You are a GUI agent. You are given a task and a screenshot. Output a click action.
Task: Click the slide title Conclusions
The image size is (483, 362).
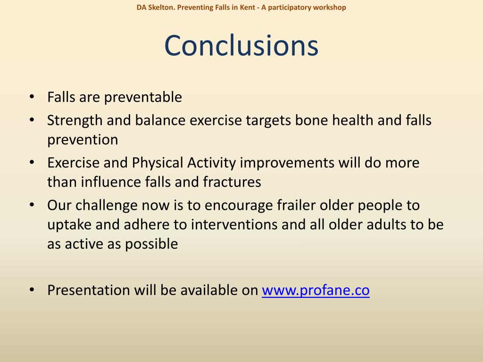coord(241,46)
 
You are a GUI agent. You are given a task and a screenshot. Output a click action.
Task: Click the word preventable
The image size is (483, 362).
coord(143,97)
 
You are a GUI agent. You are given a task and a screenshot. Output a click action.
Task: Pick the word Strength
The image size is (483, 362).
coord(75,120)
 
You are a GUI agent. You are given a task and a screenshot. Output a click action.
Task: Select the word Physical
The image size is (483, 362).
coord(158,163)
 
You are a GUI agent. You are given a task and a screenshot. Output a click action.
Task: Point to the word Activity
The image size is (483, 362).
coord(211,163)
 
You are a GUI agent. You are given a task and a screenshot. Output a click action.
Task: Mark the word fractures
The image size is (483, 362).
coord(232,182)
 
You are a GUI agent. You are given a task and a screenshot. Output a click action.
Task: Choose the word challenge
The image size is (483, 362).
coord(106,206)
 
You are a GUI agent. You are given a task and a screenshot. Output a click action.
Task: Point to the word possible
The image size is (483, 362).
coord(151,244)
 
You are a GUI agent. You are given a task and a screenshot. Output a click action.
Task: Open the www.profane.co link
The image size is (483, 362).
coord(316,290)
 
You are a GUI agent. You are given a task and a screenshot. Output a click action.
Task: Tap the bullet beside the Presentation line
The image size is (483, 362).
coord(32,290)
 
